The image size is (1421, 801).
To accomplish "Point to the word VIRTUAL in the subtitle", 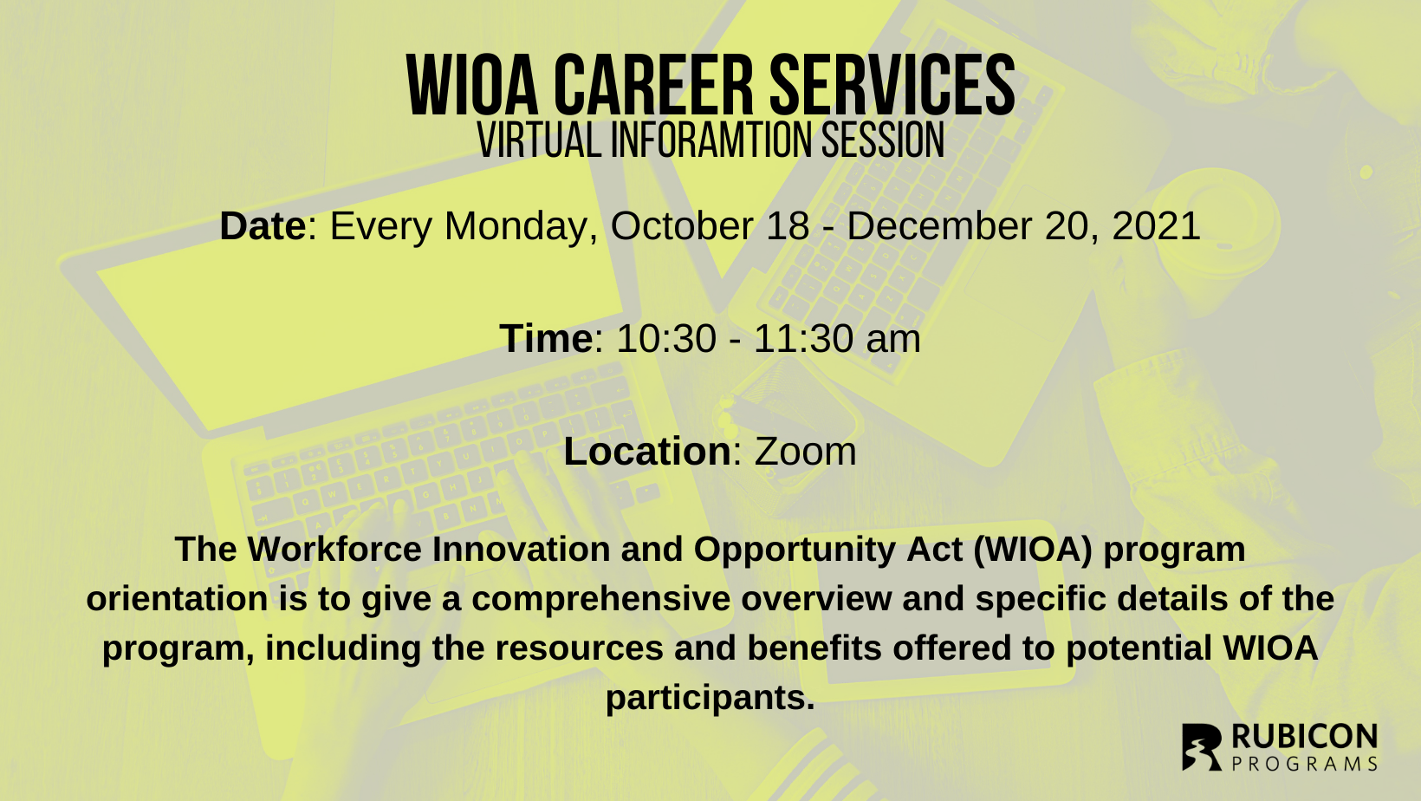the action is click(x=539, y=140).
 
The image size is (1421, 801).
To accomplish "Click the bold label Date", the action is click(x=263, y=226).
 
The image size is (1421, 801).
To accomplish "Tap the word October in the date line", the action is click(x=682, y=226).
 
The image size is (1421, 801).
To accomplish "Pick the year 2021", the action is click(x=1157, y=226).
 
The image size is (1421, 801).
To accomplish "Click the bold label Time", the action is click(x=546, y=338).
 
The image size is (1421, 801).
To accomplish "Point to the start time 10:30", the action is click(x=666, y=338).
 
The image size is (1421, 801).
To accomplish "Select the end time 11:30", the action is click(x=804, y=338).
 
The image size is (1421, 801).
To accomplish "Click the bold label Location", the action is click(x=647, y=452).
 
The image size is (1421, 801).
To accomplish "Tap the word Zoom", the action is click(x=805, y=452).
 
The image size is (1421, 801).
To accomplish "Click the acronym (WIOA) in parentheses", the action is click(x=1033, y=550).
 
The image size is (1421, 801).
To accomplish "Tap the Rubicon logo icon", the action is click(x=1202, y=747).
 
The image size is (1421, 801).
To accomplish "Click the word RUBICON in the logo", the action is click(x=1304, y=738).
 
